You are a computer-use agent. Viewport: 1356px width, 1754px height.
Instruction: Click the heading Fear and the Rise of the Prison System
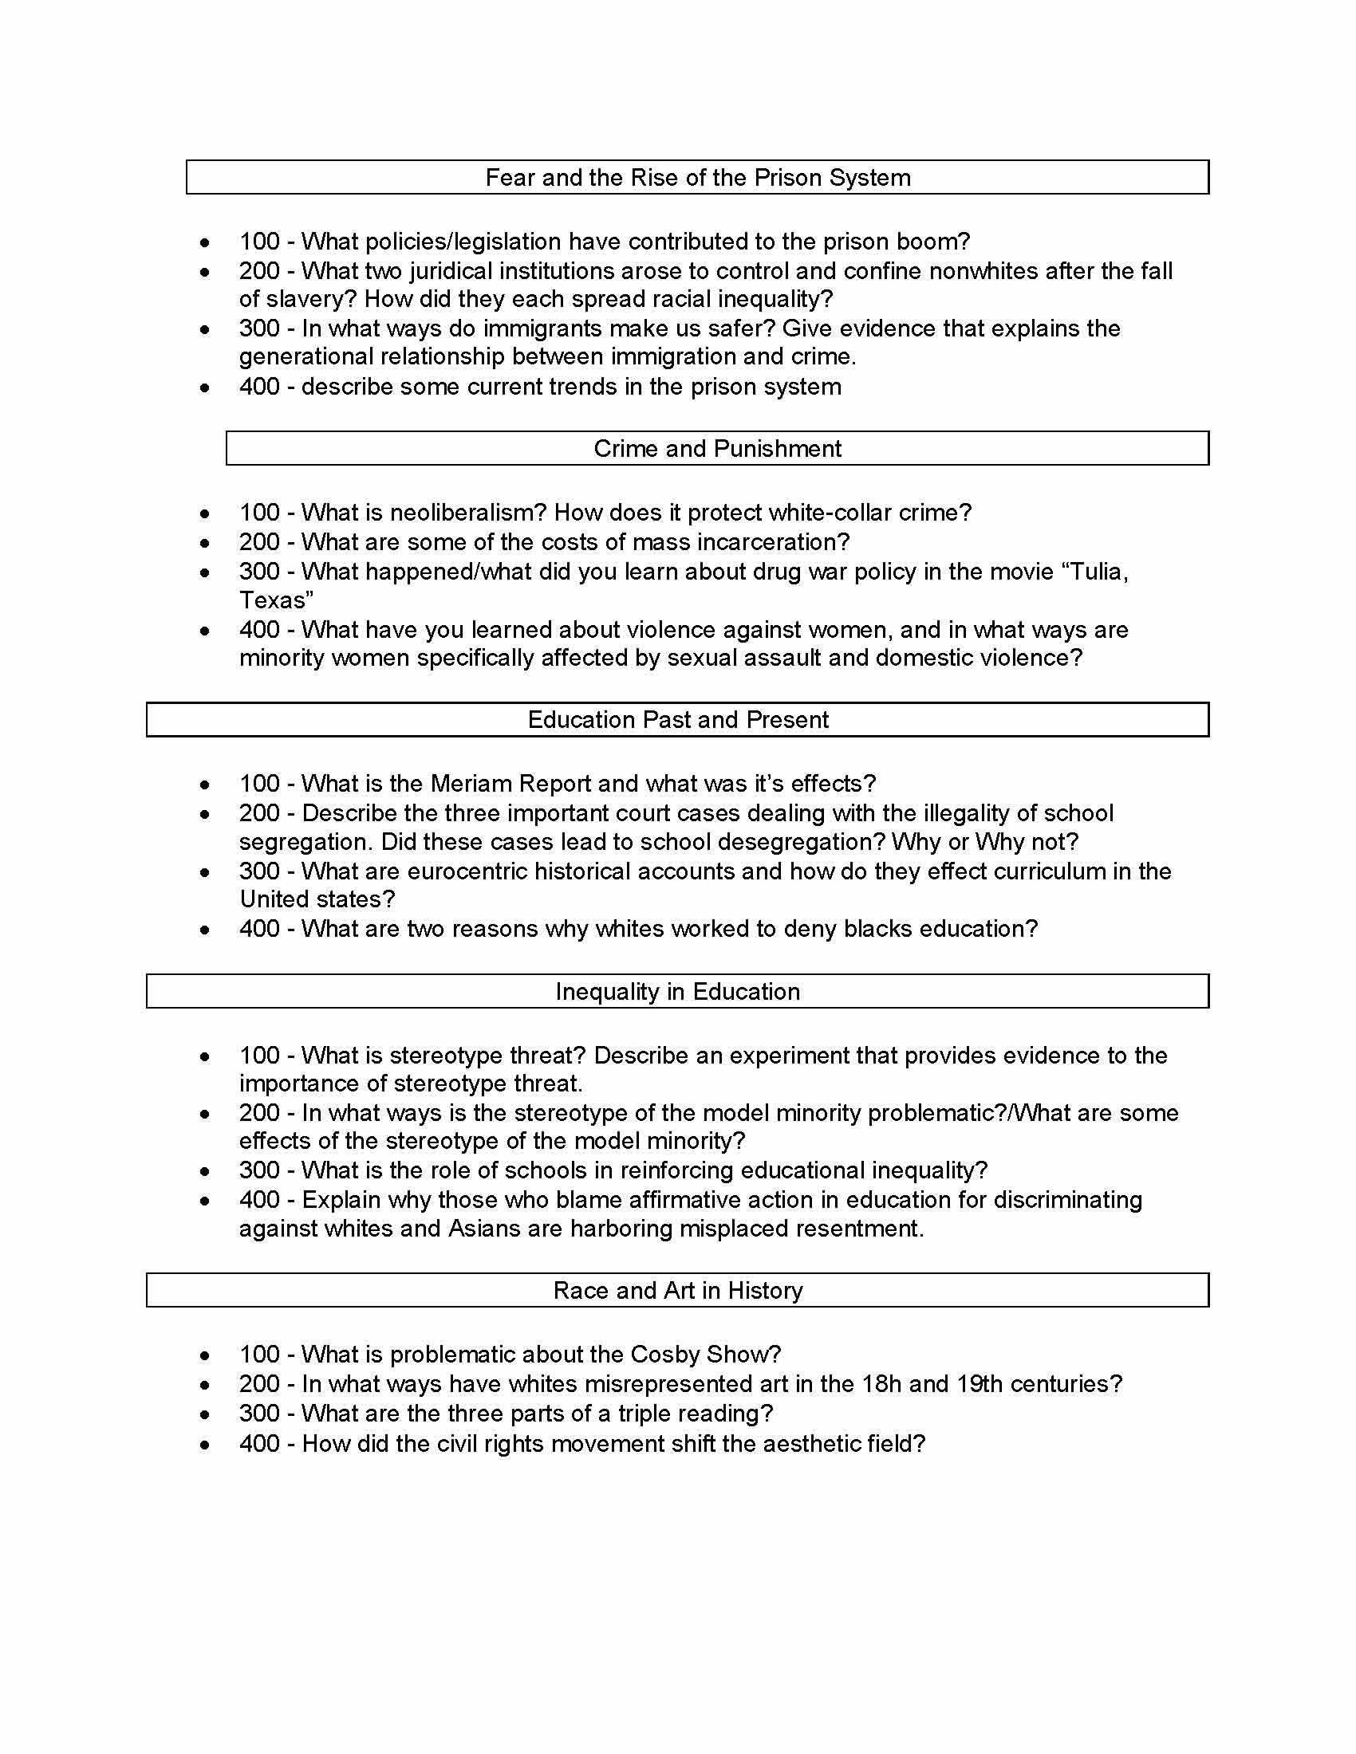tap(697, 178)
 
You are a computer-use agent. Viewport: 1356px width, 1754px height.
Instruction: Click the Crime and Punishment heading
tap(716, 448)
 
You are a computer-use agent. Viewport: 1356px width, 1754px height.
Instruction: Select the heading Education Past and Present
tap(677, 720)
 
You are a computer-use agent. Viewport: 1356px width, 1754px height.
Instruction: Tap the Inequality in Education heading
tap(677, 991)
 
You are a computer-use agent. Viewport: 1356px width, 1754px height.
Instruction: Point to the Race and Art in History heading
tap(677, 1290)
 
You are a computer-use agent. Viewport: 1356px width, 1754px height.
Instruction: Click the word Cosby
tap(666, 1354)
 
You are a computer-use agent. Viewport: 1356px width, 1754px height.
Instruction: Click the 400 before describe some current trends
tap(258, 387)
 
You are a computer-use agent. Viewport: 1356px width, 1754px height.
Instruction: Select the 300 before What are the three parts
tap(258, 1413)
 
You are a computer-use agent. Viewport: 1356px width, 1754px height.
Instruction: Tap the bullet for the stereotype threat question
tap(206, 1056)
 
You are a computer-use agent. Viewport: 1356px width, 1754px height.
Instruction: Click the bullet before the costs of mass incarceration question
tap(206, 542)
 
